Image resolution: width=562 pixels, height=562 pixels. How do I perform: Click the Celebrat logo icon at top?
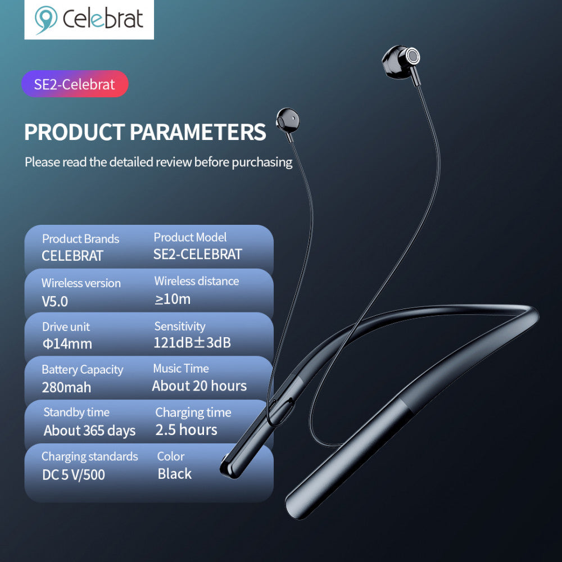[x=46, y=20]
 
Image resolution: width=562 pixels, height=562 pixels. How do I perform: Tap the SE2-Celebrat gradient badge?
[x=75, y=84]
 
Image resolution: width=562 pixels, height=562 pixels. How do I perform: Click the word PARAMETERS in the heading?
[x=198, y=132]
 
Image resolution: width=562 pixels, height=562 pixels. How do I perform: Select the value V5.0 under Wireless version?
[x=55, y=301]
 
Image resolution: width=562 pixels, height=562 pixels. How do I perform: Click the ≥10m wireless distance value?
[x=173, y=299]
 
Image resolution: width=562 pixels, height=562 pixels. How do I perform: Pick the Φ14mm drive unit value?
[x=67, y=344]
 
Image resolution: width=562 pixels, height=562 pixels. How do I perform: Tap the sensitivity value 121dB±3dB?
[x=192, y=343]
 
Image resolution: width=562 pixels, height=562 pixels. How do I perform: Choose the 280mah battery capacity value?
[x=66, y=387]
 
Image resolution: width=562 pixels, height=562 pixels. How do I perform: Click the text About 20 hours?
[x=200, y=386]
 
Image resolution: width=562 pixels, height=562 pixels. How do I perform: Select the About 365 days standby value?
[x=90, y=431]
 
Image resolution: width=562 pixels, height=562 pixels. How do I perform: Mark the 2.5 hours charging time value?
[x=186, y=430]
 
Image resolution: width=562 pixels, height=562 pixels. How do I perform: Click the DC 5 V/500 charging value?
[x=74, y=475]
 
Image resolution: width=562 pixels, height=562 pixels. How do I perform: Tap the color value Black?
[x=174, y=474]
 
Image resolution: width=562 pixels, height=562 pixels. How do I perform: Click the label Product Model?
[x=190, y=238]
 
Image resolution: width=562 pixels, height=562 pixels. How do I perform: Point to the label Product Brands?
[x=80, y=239]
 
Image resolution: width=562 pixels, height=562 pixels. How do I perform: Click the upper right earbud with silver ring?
[x=401, y=60]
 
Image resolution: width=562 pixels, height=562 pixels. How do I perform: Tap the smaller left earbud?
[x=287, y=121]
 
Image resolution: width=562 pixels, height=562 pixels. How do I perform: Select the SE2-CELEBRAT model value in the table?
[x=197, y=254]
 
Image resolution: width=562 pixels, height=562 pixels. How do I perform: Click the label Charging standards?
[x=89, y=456]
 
